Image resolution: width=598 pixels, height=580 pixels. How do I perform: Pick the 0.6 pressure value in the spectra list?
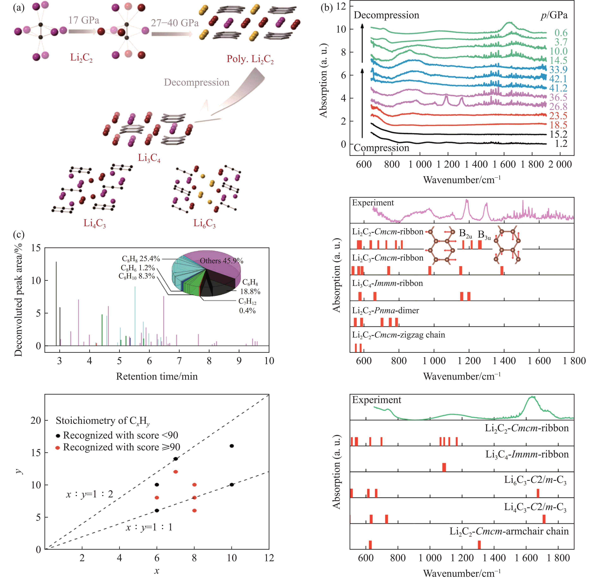pos(561,33)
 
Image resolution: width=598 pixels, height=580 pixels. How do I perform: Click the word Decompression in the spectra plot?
pos(386,15)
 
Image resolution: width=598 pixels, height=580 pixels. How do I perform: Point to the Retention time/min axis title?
pos(157,376)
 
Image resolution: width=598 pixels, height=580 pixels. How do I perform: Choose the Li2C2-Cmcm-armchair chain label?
pos(509,531)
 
